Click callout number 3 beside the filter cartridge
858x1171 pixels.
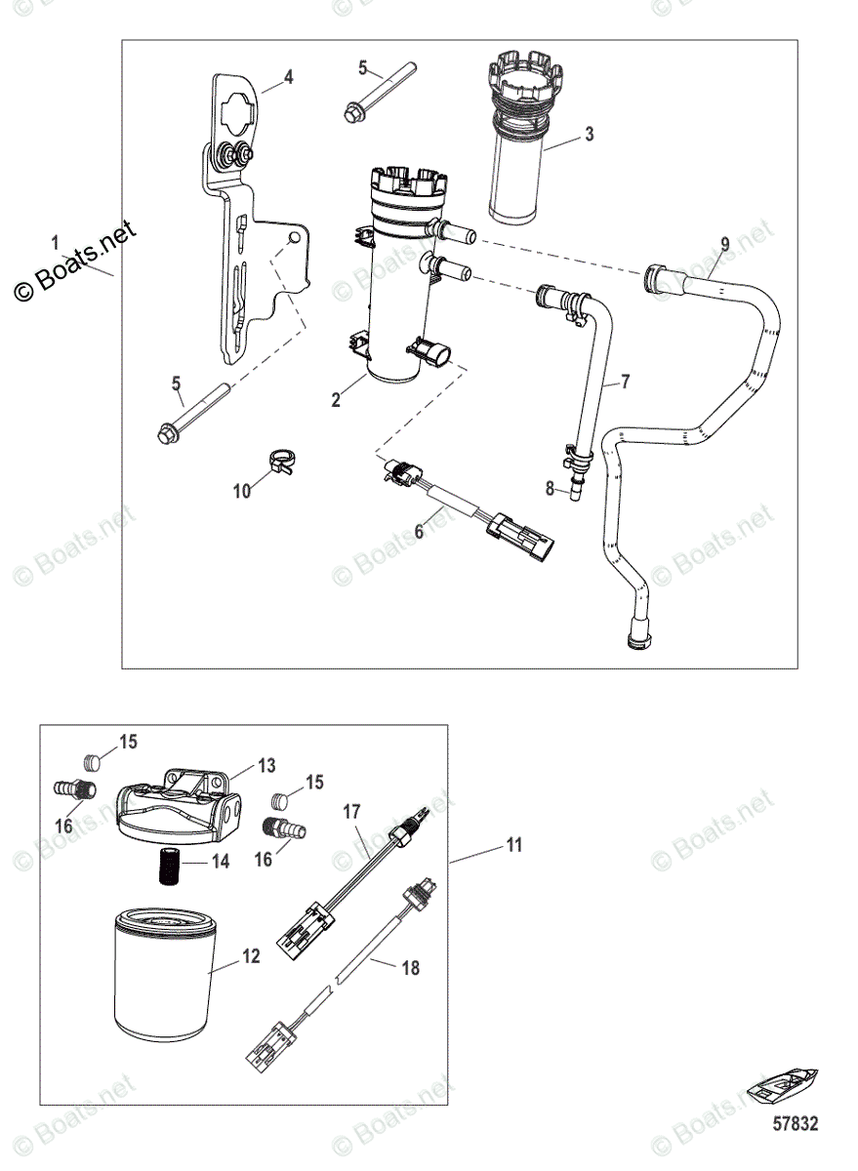coord(589,135)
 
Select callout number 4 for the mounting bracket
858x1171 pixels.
coord(288,76)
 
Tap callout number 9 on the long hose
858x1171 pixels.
coord(724,242)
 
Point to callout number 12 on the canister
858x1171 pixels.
coord(251,957)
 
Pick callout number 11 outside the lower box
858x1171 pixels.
coord(513,845)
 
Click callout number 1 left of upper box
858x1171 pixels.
coord(56,241)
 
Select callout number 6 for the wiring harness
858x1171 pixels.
coord(420,531)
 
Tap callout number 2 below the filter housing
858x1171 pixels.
coord(335,400)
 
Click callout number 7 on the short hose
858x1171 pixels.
coord(625,382)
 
